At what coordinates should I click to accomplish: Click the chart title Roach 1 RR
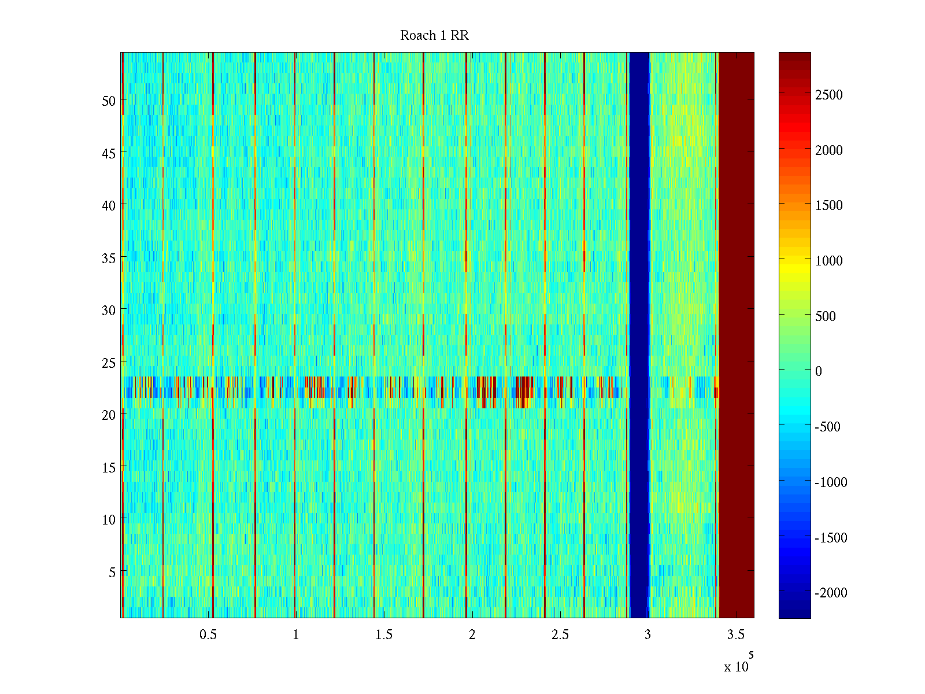pos(434,36)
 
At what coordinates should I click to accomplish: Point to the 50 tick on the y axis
pos(109,101)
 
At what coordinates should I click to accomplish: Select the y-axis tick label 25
pos(109,363)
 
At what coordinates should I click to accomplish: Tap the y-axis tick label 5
pos(112,572)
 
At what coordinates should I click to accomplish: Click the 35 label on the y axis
pos(109,258)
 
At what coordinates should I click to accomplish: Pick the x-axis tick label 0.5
pos(208,635)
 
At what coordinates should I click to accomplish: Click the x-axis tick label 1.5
pos(384,635)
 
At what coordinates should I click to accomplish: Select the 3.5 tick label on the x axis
pos(735,635)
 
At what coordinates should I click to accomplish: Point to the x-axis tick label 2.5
pos(560,635)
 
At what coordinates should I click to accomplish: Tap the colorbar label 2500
pos(829,95)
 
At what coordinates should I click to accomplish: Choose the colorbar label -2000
pos(831,593)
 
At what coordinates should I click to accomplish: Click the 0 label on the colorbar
pos(819,371)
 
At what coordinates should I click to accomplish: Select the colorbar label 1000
pos(829,261)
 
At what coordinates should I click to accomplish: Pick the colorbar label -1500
pos(831,538)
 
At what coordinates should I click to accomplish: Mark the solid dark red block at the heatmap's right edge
pos(736,335)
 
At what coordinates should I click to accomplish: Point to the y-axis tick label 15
pos(109,467)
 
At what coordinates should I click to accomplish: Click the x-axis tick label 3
pos(647,635)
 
